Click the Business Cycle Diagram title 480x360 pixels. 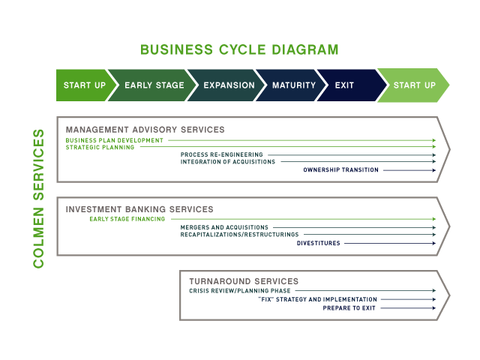pos(239,50)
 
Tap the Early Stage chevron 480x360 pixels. pos(154,85)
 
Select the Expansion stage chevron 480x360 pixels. pos(229,85)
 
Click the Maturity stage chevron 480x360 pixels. pos(293,85)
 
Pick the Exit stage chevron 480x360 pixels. pos(345,85)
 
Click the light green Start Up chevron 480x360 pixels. pos(414,85)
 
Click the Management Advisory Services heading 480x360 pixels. pos(145,130)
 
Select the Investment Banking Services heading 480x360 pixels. pos(139,209)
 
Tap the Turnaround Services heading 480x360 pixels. pos(244,281)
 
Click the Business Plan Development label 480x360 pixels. pos(114,140)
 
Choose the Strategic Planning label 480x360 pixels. pos(100,148)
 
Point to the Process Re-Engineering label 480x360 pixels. pos(222,155)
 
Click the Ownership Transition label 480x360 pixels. pos(341,170)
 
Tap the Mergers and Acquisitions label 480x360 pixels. pos(224,227)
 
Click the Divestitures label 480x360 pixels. pos(318,243)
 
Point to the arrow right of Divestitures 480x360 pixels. pos(390,243)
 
